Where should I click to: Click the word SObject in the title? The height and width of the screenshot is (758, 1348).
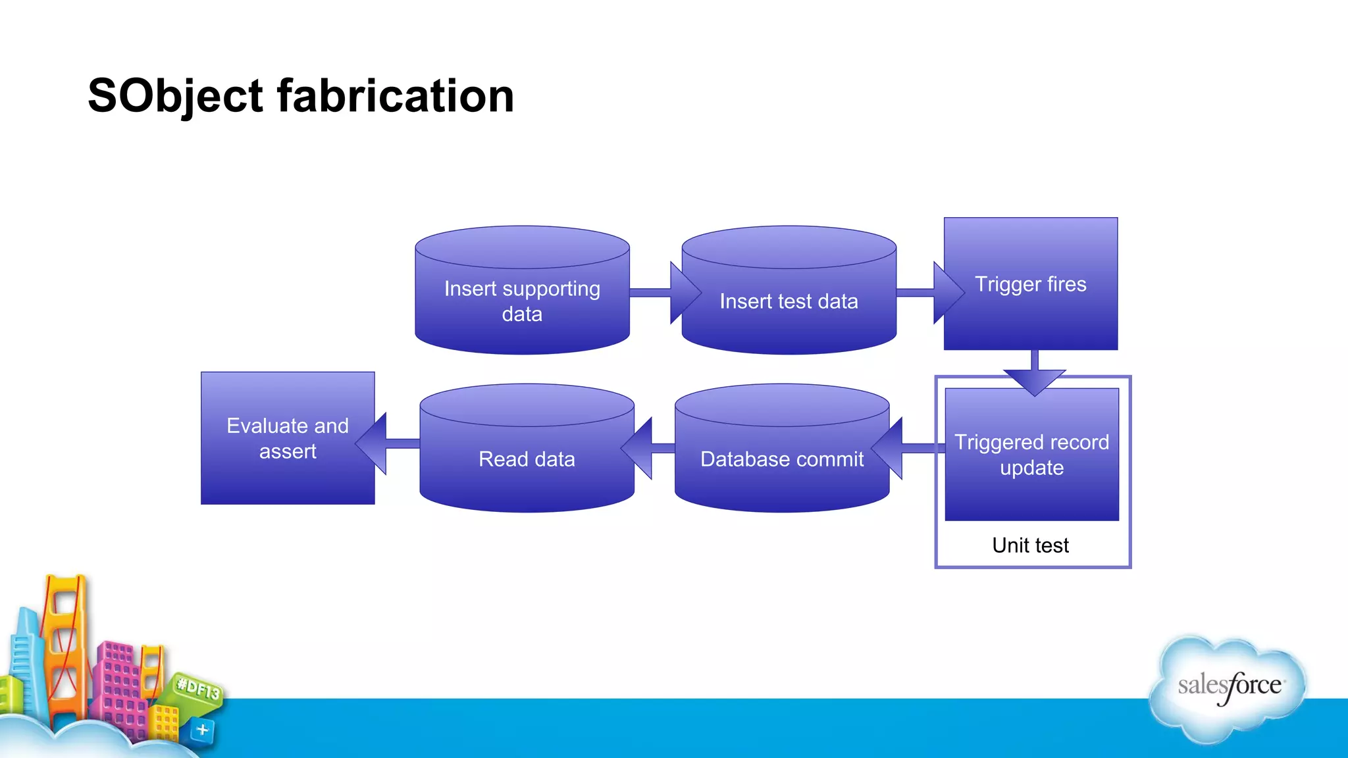click(175, 96)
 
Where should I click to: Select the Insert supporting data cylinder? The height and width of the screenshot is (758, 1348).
click(522, 301)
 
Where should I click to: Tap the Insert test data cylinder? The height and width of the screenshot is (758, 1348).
click(789, 301)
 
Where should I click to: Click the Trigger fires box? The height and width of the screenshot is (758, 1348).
click(1031, 284)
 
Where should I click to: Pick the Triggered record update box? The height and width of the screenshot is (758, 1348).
click(1031, 455)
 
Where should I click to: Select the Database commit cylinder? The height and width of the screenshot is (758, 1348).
click(782, 459)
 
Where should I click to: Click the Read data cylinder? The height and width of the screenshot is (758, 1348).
click(527, 459)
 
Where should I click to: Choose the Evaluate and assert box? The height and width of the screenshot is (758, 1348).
click(288, 438)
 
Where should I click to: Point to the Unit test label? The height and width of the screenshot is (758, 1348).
click(1030, 545)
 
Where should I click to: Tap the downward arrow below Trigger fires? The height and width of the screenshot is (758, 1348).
click(1034, 376)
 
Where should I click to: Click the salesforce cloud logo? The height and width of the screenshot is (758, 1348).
click(1228, 687)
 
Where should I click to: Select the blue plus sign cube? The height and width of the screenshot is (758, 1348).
click(202, 730)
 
